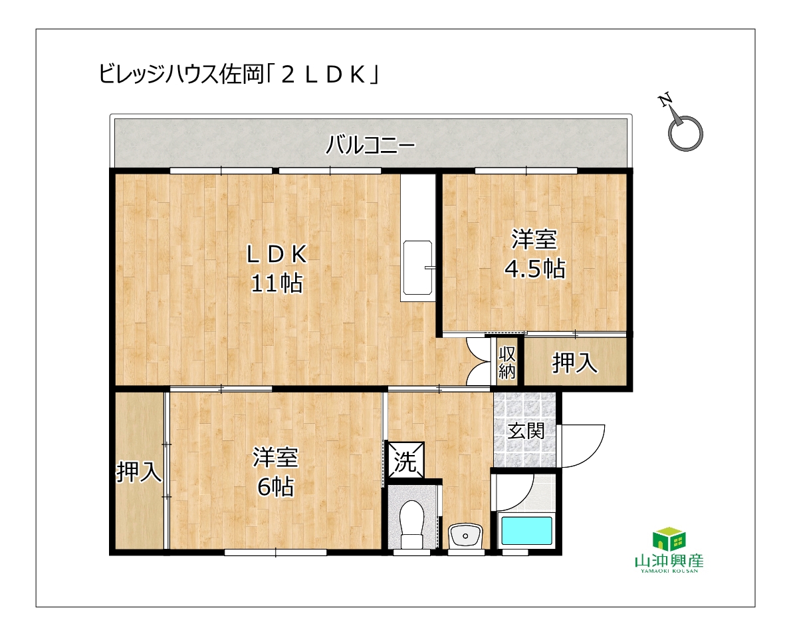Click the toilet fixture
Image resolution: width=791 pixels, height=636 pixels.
point(411,524)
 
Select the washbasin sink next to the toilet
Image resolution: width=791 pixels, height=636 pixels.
point(465,535)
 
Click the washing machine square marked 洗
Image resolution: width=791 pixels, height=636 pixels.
point(405,460)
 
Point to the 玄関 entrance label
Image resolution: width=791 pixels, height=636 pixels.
point(526,431)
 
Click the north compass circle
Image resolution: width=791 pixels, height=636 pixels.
point(685,134)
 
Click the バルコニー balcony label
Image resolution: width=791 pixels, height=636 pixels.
point(370,145)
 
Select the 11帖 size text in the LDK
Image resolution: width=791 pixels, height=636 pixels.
point(277,283)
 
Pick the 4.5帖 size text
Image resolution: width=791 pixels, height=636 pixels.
point(534,269)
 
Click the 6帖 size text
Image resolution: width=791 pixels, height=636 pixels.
point(275,487)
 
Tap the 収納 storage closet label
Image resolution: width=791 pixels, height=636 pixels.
point(507,363)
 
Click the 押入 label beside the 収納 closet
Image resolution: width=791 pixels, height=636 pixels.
point(574,363)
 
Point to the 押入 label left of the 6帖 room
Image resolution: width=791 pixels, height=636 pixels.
point(139,472)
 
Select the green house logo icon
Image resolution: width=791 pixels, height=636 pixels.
point(669,539)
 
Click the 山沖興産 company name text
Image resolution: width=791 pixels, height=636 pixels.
point(669,560)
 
